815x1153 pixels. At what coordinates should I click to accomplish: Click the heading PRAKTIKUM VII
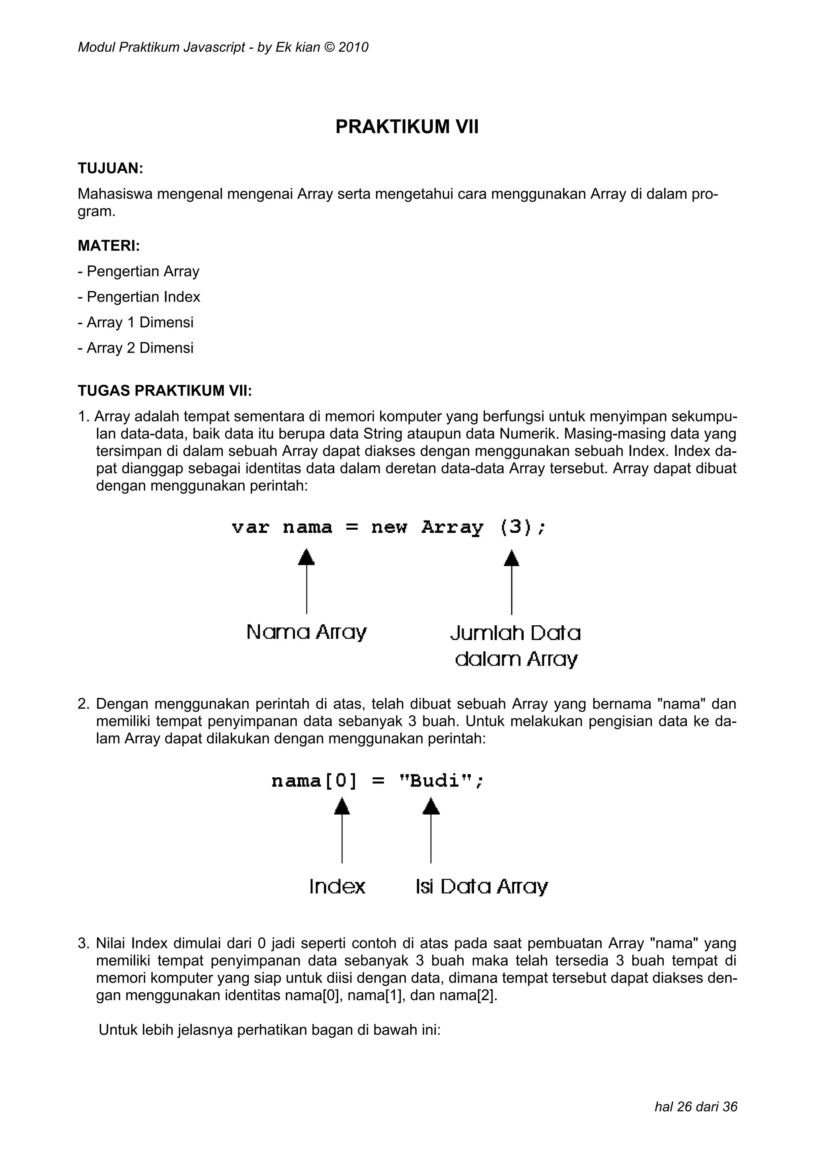pos(407,127)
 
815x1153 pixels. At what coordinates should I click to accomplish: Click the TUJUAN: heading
pos(111,168)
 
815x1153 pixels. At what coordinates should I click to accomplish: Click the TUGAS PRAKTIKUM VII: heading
pos(165,391)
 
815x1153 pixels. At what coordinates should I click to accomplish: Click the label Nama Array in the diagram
pos(306,632)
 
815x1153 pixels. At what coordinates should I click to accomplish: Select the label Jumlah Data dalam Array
pos(515,646)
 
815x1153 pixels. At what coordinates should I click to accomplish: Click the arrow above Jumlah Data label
pos(511,583)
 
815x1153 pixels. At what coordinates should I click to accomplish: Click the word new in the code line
pos(389,527)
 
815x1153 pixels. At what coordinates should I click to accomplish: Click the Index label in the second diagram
pos(337,886)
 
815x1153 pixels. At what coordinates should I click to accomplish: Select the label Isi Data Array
pos(481,887)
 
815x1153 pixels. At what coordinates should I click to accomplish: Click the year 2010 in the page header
pos(353,48)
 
